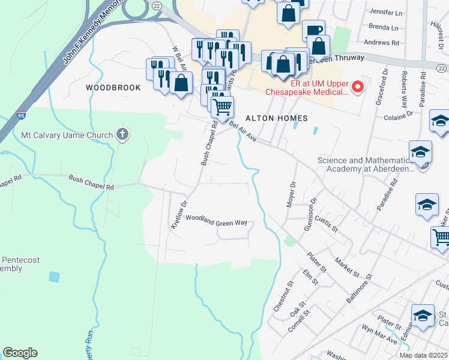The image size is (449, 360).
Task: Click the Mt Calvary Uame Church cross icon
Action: point(123,134)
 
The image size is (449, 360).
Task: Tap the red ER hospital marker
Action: point(358,88)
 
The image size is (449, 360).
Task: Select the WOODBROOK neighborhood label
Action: point(113,88)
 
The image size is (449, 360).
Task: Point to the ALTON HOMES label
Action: point(276,118)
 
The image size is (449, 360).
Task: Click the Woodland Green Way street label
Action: point(216,220)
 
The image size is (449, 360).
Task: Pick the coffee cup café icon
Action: point(313,31)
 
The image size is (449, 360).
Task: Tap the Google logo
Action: point(20,353)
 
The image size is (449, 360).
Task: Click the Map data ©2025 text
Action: point(424,355)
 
